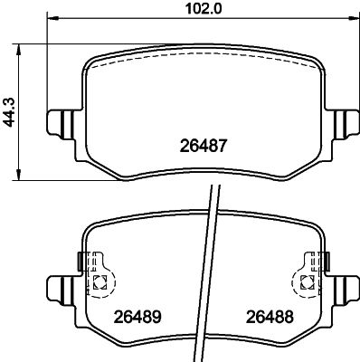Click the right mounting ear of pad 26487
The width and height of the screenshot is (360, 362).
[345, 122]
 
